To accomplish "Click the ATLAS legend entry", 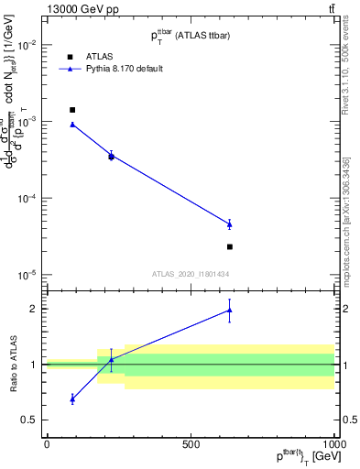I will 98,56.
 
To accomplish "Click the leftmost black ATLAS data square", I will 72,110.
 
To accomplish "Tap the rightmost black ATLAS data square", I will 230,246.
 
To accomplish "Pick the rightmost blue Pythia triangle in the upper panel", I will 230,224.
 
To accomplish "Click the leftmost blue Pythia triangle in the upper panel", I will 72,124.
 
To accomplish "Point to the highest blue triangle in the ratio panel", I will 230,311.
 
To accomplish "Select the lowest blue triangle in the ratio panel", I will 72,399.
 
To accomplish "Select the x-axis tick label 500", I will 191,444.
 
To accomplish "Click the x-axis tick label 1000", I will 333,444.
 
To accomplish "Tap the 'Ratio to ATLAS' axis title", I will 12,364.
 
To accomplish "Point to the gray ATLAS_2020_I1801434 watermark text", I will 191,274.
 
